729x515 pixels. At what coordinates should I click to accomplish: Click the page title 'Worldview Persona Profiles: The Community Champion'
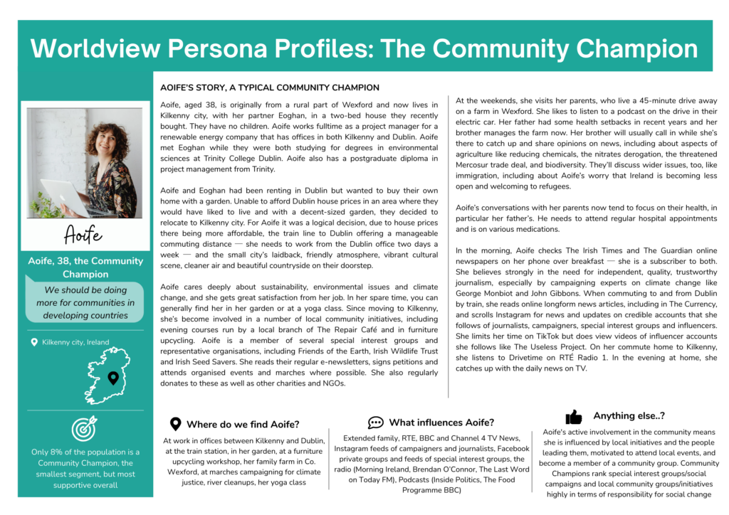click(364, 48)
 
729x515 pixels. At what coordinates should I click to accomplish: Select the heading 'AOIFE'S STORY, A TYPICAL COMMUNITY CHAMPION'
click(270, 87)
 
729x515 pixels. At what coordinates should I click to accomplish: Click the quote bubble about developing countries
click(85, 302)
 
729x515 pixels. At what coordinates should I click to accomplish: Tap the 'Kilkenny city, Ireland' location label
click(75, 342)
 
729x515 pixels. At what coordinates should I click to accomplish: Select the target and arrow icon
click(85, 428)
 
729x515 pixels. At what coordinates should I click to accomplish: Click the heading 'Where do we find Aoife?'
click(243, 425)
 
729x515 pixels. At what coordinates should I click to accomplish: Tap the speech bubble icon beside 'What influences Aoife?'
click(375, 423)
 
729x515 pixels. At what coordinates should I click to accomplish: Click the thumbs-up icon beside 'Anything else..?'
click(573, 417)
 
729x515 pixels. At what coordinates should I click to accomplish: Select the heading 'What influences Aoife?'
click(441, 423)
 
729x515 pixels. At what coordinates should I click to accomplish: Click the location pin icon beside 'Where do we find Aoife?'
click(175, 425)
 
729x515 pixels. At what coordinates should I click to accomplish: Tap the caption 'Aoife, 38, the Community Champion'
click(85, 267)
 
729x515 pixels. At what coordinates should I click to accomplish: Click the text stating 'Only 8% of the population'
click(85, 452)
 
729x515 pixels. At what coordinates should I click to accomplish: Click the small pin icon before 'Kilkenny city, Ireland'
click(34, 342)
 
